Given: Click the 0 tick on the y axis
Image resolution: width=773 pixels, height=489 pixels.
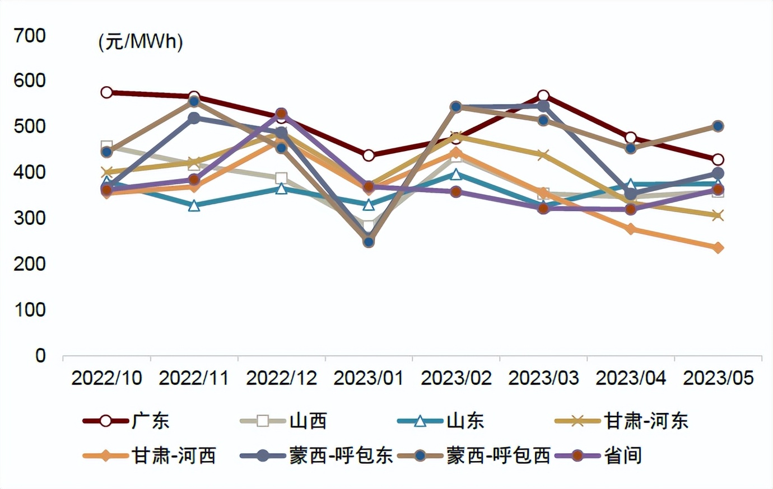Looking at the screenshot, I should (40, 355).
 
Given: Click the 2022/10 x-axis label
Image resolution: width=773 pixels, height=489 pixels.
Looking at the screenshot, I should (106, 378).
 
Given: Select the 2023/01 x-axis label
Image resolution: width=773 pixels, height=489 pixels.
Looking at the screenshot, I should (369, 378).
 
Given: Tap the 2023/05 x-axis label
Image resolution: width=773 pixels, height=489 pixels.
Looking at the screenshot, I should (718, 378).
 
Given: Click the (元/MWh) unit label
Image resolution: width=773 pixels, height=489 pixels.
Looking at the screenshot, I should (141, 42).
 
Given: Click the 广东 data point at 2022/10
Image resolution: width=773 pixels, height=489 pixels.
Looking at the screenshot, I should (107, 92).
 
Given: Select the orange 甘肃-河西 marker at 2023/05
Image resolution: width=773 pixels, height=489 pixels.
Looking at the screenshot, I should (718, 247).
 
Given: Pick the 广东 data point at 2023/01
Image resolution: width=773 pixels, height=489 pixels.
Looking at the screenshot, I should (369, 155).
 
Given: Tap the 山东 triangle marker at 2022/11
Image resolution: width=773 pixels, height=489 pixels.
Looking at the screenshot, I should (194, 206).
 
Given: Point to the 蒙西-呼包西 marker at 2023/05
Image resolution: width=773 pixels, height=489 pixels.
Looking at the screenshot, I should (718, 126).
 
